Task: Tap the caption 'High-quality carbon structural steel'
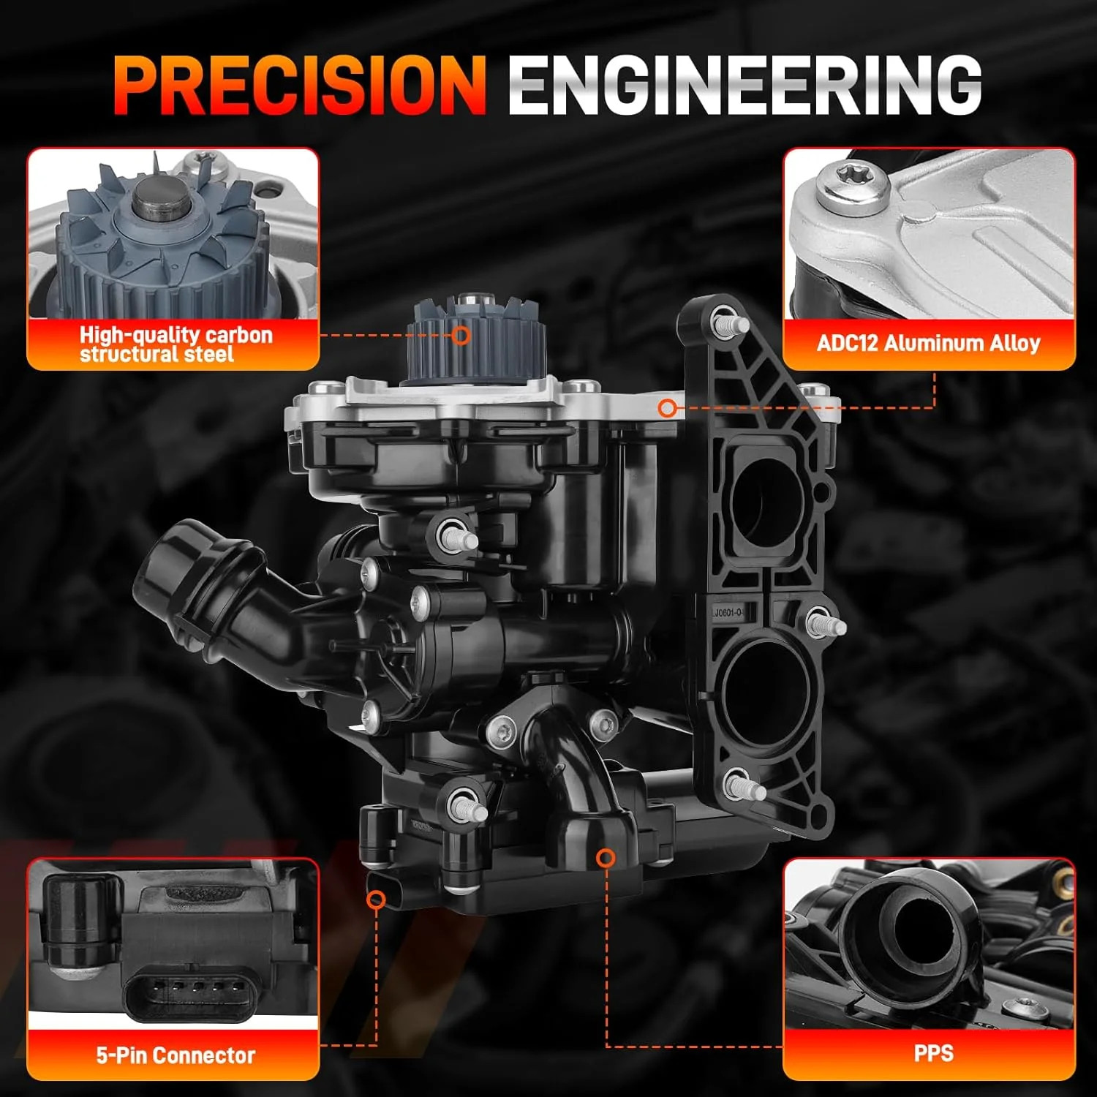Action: tap(176, 344)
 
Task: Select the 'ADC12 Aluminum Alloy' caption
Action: tap(928, 342)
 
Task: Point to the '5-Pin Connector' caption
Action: tap(176, 1055)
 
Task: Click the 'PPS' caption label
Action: tap(934, 1053)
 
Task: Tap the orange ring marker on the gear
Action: tap(461, 336)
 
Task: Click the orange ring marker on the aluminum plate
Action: tap(666, 408)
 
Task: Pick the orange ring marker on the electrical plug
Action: tap(377, 899)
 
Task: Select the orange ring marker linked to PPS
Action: tap(606, 858)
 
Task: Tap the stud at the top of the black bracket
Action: tap(728, 322)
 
